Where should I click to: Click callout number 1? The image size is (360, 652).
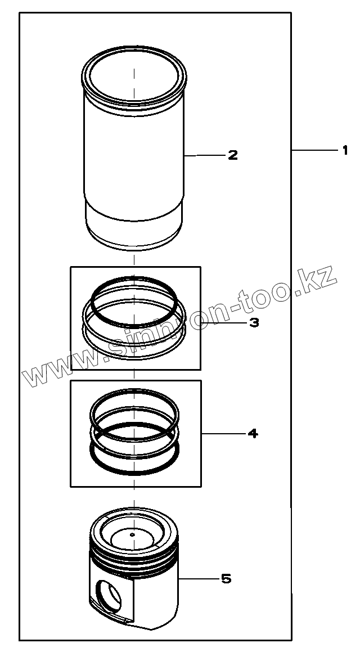click(x=345, y=150)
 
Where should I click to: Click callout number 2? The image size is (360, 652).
click(x=233, y=155)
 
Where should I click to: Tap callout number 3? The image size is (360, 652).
click(x=254, y=322)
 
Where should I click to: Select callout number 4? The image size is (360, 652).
click(x=253, y=434)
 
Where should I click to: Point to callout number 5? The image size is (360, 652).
click(x=226, y=578)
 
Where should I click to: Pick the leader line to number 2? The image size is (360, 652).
click(x=204, y=155)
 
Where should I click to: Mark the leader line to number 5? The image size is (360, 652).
click(x=198, y=578)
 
